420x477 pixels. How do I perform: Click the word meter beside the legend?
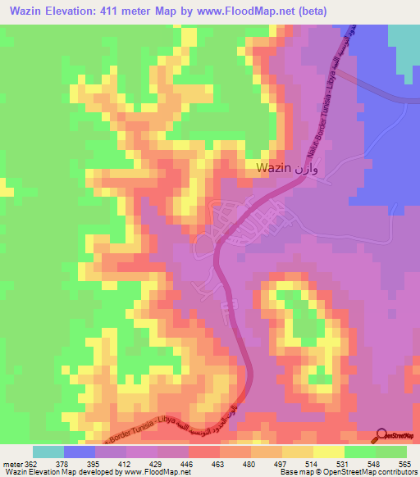pos(11,463)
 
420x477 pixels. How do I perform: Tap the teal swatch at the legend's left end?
pos(48,452)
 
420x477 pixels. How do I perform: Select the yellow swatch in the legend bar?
pos(328,452)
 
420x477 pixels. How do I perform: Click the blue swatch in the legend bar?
pos(80,452)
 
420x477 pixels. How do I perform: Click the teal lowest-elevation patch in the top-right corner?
pos(403,45)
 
